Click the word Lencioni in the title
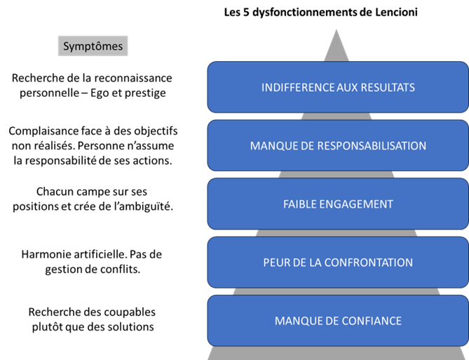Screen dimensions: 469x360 tap(396, 12)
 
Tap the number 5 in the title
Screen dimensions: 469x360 tap(246, 12)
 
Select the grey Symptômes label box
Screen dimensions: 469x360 tap(93, 46)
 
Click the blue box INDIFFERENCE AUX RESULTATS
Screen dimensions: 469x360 tap(338, 87)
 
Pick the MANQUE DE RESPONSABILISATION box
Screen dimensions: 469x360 tap(338, 145)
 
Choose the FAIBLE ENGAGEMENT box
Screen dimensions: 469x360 tap(338, 204)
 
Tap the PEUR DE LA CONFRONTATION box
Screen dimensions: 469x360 tap(338, 262)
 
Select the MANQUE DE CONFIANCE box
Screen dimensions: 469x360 tap(338, 321)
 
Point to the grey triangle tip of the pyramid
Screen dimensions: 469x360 tap(337, 29)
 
